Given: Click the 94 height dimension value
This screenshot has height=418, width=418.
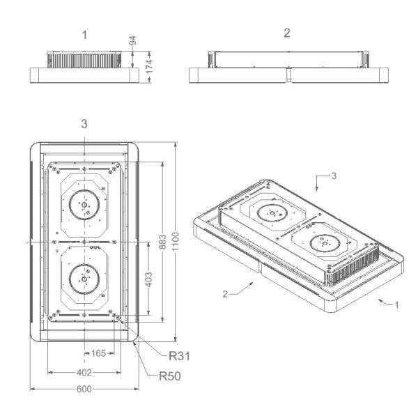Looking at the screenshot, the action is (132, 40).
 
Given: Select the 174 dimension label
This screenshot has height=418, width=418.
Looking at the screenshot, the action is (149, 67).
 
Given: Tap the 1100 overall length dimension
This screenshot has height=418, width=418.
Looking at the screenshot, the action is (175, 242).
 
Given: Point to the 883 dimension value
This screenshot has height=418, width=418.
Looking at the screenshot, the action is (162, 242).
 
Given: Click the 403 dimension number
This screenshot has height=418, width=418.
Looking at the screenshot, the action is (149, 279).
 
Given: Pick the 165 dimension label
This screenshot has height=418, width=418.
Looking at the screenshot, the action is (99, 353).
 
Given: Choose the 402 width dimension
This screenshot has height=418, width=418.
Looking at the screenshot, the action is (84, 373).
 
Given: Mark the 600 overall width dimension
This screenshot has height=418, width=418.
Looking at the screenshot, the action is (84, 389).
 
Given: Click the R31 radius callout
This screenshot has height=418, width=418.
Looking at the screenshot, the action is (179, 356).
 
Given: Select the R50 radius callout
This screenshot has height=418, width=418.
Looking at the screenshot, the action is (170, 376).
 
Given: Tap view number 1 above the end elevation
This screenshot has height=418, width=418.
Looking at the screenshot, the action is (84, 35).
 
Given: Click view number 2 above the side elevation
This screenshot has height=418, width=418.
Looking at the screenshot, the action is (287, 33).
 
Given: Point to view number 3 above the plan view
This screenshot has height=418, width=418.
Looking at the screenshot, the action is (84, 124).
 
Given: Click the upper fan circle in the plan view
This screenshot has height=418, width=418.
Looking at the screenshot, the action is (84, 205).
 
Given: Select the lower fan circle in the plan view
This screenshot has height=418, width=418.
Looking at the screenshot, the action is (84, 279).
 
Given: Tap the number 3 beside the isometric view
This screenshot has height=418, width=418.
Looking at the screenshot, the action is (334, 176).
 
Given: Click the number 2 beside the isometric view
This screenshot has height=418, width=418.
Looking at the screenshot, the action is (225, 294).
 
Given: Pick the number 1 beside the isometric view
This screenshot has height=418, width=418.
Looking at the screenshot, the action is (396, 304).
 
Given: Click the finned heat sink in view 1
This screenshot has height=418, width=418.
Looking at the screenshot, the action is (84, 59).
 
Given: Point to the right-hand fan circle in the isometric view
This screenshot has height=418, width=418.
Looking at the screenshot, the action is (325, 243).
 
